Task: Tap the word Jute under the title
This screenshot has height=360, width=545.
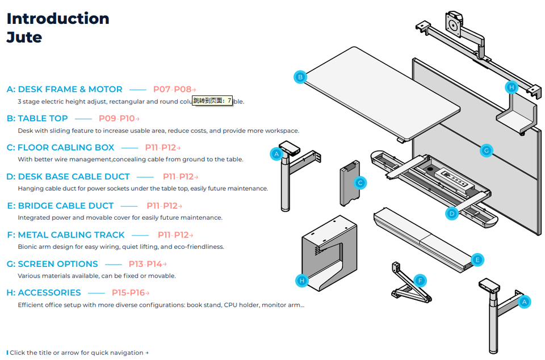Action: click(24, 37)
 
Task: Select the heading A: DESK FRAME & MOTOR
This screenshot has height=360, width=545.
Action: click(65, 89)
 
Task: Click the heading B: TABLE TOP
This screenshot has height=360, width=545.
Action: click(37, 118)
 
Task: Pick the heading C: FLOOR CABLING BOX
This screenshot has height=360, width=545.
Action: click(61, 148)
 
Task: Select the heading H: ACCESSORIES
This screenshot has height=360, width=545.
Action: click(44, 293)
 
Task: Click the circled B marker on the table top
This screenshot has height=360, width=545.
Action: click(300, 77)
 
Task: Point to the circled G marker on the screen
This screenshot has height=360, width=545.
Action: click(485, 150)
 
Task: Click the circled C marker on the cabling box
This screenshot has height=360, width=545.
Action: click(359, 183)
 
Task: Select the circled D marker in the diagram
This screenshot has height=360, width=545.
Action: click(452, 214)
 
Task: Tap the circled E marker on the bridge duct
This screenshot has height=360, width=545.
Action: click(477, 259)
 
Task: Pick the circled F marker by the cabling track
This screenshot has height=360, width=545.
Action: click(420, 281)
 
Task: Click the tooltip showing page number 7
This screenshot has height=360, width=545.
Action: click(212, 101)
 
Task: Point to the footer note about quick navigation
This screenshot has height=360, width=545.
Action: click(78, 353)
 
